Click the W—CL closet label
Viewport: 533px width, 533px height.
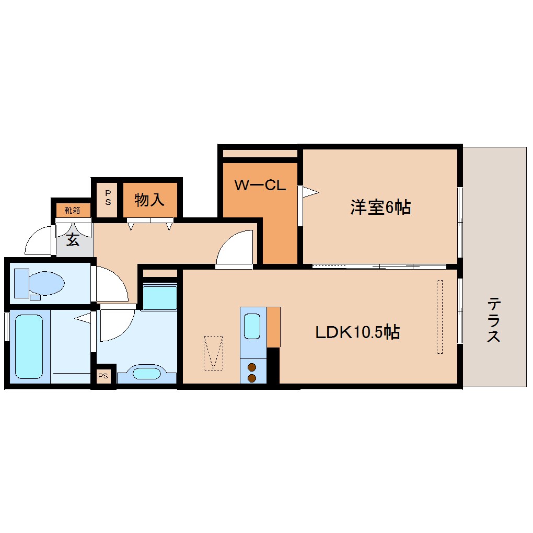pyautogui.click(x=260, y=186)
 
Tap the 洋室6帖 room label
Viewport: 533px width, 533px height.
pyautogui.click(x=381, y=207)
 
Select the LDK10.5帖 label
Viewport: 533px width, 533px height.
pyautogui.click(x=357, y=332)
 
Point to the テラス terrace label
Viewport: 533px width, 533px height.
pyautogui.click(x=494, y=319)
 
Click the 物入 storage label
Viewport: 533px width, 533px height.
pyautogui.click(x=149, y=200)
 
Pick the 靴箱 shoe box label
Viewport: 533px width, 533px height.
pyautogui.click(x=73, y=211)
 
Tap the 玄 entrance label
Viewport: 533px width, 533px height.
pyautogui.click(x=73, y=240)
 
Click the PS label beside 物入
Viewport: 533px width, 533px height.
pyautogui.click(x=108, y=198)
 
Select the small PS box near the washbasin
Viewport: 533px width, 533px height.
pyautogui.click(x=103, y=376)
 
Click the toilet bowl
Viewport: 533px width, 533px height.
pyautogui.click(x=47, y=284)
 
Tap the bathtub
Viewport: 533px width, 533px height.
pyautogui.click(x=29, y=346)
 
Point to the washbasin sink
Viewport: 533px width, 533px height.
pyautogui.click(x=146, y=374)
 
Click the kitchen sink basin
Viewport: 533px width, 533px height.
pyautogui.click(x=252, y=326)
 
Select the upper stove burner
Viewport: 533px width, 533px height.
pyautogui.click(x=252, y=367)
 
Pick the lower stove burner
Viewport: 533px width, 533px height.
pyautogui.click(x=252, y=378)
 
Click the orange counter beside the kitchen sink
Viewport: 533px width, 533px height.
pyautogui.click(x=273, y=327)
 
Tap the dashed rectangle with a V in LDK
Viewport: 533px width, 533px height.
pyautogui.click(x=214, y=353)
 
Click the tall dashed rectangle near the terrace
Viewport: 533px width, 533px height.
pyautogui.click(x=439, y=317)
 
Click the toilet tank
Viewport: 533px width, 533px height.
pyautogui.click(x=21, y=283)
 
